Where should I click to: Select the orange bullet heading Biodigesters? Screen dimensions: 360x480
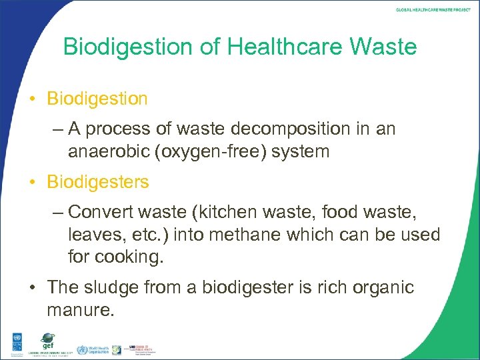coord(98,181)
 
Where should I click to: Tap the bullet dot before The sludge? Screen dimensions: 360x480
coord(33,288)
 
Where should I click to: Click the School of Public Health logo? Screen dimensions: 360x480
coord(136,349)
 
